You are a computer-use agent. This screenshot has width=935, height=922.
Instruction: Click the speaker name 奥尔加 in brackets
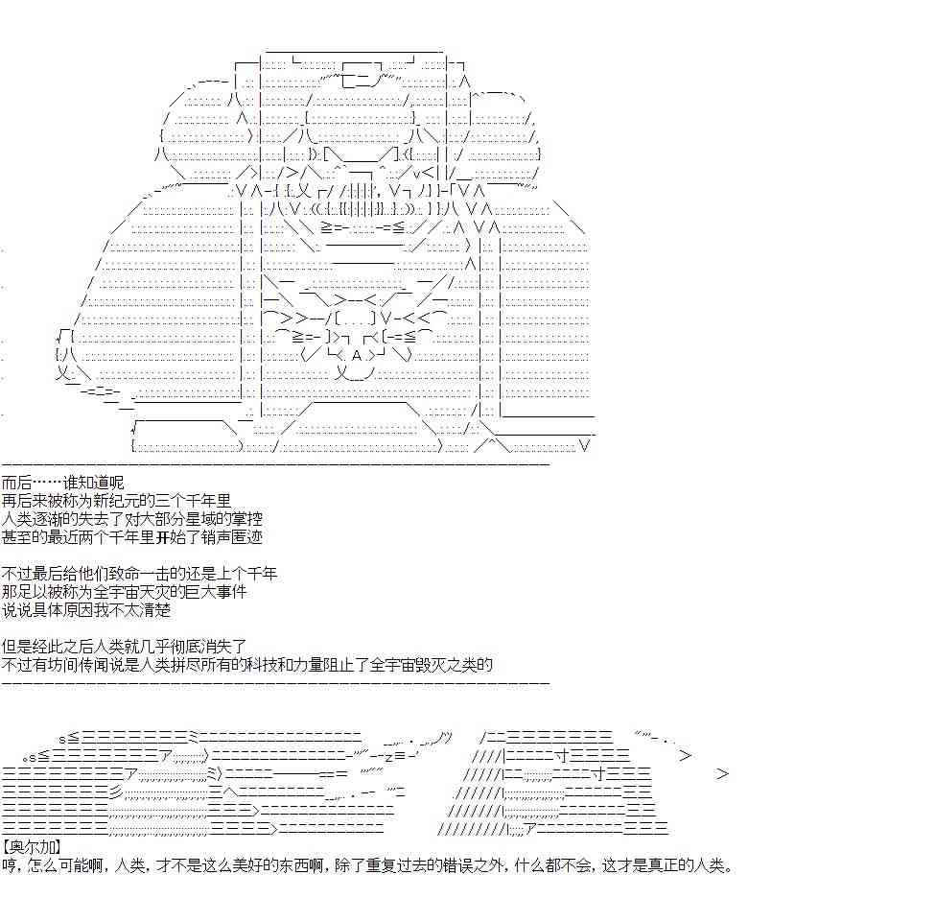tap(31, 846)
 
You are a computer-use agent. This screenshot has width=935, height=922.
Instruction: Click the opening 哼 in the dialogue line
tap(10, 864)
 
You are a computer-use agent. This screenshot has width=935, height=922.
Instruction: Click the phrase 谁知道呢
tap(94, 483)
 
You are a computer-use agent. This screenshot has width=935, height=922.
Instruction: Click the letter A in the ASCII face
tap(357, 356)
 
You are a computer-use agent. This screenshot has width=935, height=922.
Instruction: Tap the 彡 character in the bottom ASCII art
tap(115, 792)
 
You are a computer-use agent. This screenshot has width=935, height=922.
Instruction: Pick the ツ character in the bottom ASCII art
tap(445, 738)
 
